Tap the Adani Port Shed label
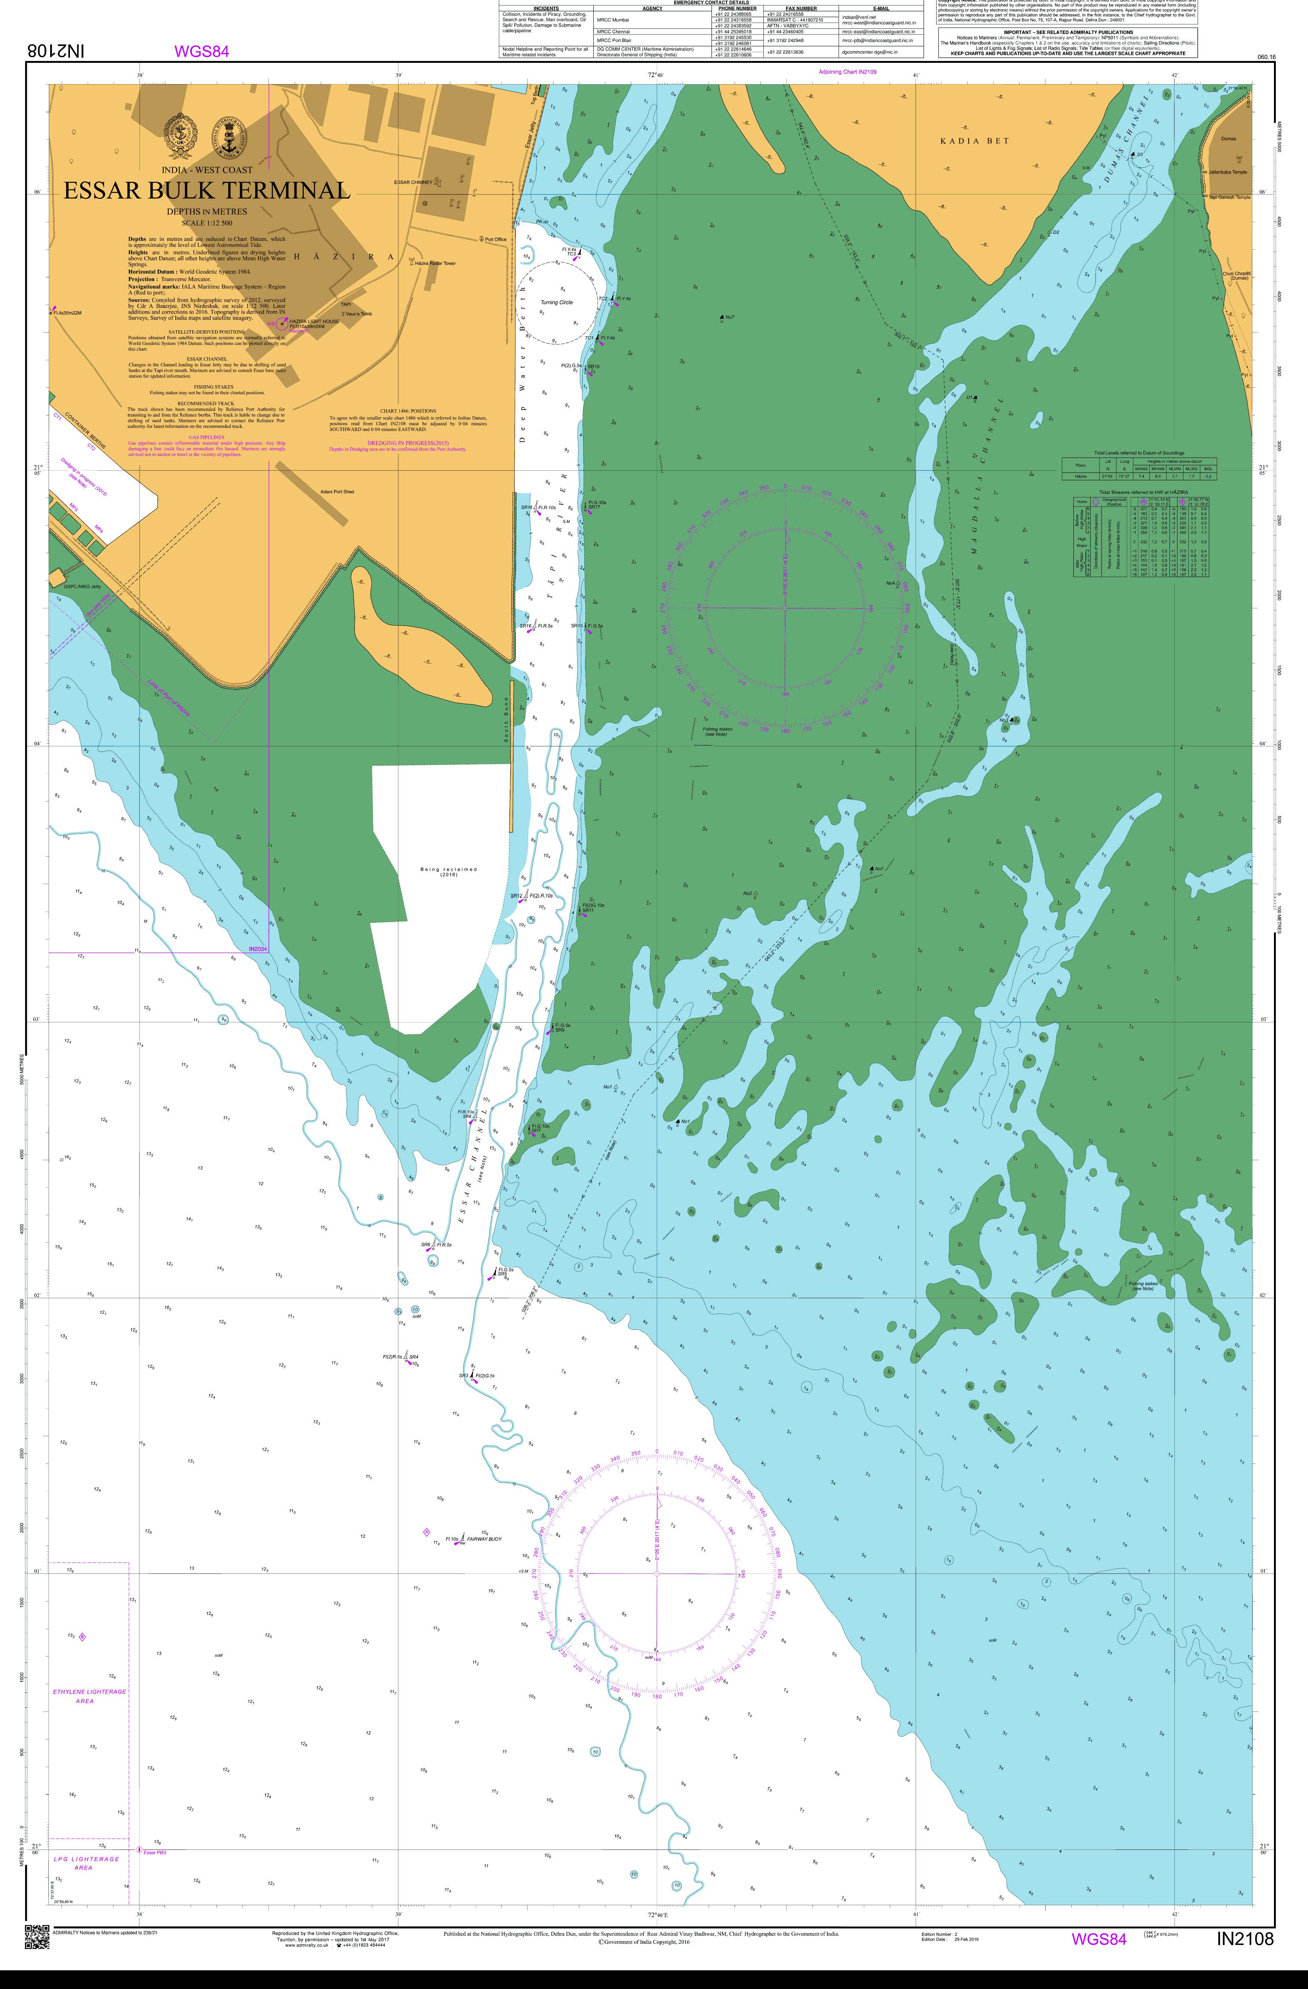(337, 491)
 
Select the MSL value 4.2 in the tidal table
(1208, 476)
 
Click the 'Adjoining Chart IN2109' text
(848, 73)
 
